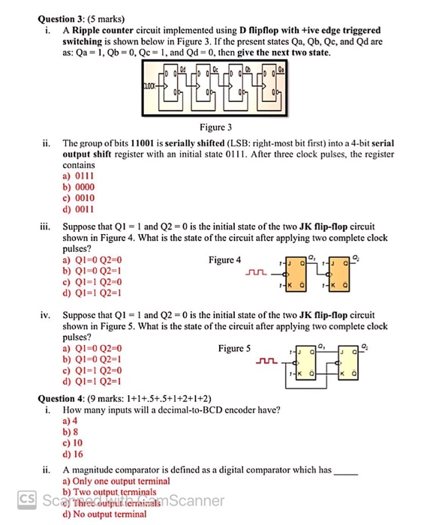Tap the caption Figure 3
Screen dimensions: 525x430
click(x=215, y=127)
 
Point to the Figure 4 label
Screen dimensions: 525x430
click(x=225, y=260)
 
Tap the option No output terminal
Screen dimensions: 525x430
click(x=104, y=514)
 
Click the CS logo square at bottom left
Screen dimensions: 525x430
click(x=26, y=498)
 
